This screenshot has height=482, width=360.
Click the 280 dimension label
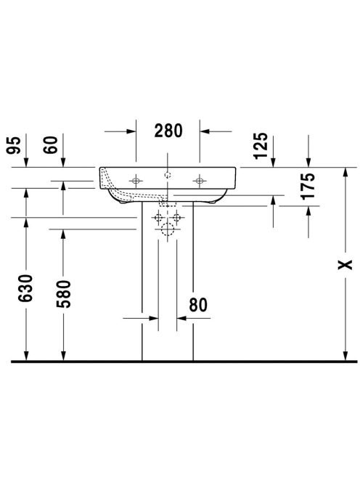(x=168, y=131)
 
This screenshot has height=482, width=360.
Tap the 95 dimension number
(x=14, y=145)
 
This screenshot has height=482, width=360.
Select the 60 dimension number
(x=51, y=144)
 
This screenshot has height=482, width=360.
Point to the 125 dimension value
(x=261, y=145)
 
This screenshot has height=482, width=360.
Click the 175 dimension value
(x=308, y=187)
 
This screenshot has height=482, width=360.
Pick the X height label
(x=345, y=265)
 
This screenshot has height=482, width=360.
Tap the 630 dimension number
(x=25, y=288)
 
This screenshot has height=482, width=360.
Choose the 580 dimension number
(x=63, y=294)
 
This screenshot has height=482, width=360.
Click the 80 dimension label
(x=198, y=305)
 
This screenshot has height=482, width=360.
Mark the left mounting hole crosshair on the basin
(x=136, y=181)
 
